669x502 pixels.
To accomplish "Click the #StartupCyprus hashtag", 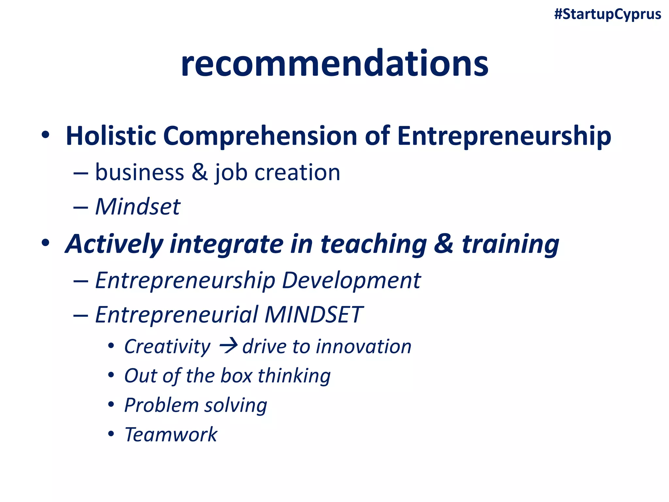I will point(608,15).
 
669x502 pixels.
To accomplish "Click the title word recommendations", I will point(334,63).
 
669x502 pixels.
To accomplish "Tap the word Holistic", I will point(111,136).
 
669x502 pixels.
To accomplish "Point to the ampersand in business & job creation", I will point(200,172).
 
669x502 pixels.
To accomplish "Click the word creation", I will point(297,172).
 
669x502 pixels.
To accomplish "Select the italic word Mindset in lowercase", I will point(138,207).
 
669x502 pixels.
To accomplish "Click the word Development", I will point(351,280).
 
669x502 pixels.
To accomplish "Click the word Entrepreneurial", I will point(176,315).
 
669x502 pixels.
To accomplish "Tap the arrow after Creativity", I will point(228,346).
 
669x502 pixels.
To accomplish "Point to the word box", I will point(236,376).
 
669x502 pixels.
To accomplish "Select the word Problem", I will point(161,405).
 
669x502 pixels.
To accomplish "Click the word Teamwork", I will point(171,435).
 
